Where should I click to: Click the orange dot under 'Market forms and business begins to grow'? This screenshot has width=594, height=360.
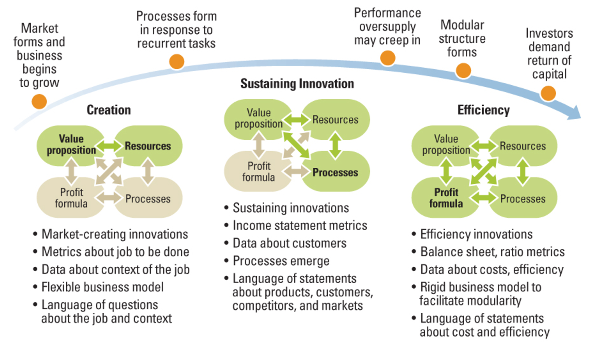[39, 102]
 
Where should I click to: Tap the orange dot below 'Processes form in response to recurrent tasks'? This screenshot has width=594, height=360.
[177, 62]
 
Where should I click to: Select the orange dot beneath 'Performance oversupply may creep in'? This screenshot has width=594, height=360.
[388, 58]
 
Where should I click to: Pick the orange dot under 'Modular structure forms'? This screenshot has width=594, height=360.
[463, 70]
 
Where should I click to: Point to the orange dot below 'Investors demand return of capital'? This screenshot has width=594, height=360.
[548, 93]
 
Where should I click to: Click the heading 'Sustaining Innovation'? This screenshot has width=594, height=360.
[297, 84]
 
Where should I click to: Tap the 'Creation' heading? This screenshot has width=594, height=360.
[109, 110]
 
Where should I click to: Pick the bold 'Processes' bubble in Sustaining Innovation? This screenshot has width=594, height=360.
[336, 172]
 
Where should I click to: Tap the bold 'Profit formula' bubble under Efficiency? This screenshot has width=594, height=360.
[446, 198]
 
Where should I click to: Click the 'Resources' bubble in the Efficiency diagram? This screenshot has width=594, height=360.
[523, 146]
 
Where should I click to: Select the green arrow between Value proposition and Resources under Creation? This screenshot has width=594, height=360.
[109, 146]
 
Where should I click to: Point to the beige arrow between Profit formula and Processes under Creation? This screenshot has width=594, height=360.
[109, 198]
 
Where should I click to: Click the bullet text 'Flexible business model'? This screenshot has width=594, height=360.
[103, 287]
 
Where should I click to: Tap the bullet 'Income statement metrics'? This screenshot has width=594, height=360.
[300, 226]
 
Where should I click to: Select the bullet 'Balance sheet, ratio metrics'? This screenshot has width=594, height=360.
[492, 252]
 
